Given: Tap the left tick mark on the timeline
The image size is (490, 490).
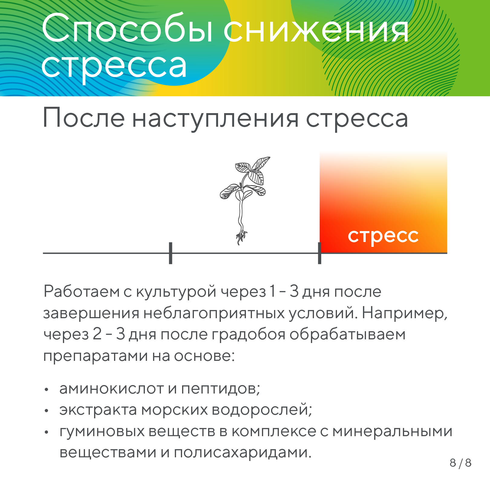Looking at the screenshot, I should (171, 253).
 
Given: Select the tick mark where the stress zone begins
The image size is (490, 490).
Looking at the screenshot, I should (319, 253).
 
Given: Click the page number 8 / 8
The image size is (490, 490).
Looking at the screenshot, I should (460, 463).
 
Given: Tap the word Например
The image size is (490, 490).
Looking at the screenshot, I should (404, 313).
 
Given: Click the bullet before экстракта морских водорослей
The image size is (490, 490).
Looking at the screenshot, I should (46, 411).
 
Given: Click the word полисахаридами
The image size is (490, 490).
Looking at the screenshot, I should (243, 453).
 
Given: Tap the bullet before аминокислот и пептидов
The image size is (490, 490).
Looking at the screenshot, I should (46, 390).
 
